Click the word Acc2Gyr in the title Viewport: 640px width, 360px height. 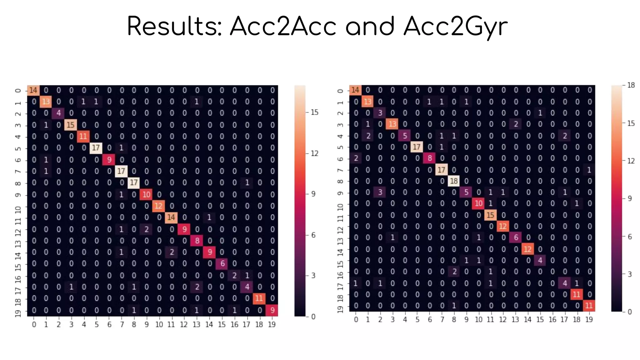[455, 27]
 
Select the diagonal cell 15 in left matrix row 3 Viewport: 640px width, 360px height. [71, 125]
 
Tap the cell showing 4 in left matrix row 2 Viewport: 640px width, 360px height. [58, 113]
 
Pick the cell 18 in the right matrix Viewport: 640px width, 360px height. [453, 181]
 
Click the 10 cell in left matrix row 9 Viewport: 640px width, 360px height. [146, 195]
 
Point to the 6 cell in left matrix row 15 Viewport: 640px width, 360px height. [222, 263]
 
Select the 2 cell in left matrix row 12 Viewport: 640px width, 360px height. [146, 229]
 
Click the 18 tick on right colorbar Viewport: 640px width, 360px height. [631, 85]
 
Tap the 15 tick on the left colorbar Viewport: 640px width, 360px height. [314, 112]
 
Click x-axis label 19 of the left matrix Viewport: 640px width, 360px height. [272, 325]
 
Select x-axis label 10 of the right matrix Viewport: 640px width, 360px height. [478, 320]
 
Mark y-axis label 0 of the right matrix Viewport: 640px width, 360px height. [340, 91]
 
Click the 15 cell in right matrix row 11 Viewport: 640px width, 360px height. [490, 215]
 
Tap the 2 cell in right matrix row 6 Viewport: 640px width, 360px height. [356, 158]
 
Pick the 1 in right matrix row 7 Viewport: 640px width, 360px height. [589, 170]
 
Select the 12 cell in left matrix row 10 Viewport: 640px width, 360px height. [158, 206]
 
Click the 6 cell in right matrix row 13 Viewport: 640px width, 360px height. [516, 237]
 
